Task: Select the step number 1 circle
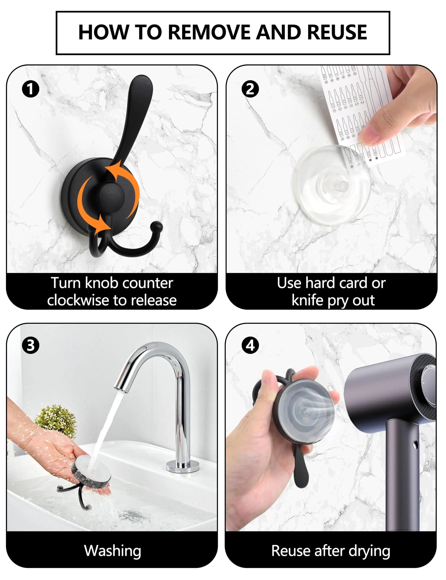coord(31,89)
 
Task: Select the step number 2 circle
coord(250,89)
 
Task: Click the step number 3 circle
coord(31,345)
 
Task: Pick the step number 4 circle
coord(250,345)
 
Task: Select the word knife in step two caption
coord(307,300)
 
